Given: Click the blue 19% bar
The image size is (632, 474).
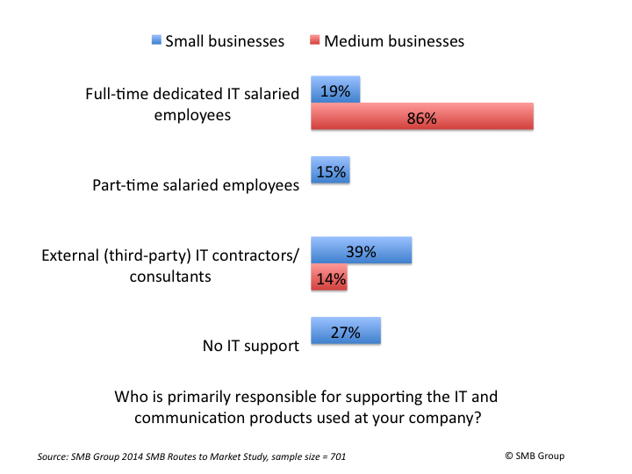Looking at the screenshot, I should click(x=336, y=90).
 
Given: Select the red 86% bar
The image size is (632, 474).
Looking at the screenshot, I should click(x=423, y=117).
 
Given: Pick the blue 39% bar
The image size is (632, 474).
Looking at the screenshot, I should click(x=362, y=251).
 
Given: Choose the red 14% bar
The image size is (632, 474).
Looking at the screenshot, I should click(x=329, y=278).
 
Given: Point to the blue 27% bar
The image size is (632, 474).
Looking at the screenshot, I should click(x=347, y=332).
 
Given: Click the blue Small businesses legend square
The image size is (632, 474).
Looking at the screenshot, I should click(x=157, y=39).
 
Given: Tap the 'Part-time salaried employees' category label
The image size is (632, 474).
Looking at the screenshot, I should click(x=196, y=185).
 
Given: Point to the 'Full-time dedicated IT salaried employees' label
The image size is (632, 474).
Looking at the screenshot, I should click(x=192, y=104).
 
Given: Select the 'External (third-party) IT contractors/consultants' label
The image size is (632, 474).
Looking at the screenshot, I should click(x=171, y=264).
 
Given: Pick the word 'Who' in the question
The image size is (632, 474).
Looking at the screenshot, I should click(x=131, y=397).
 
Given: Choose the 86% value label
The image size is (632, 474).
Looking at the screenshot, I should click(x=422, y=118).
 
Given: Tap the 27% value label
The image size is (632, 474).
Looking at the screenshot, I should click(x=346, y=333).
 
